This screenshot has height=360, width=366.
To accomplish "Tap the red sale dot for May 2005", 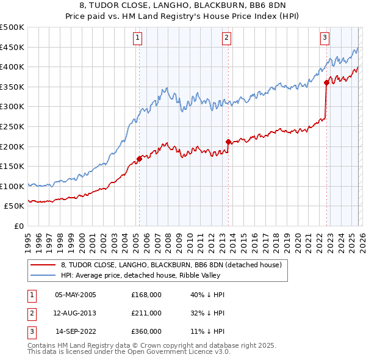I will pyautogui.click(x=139, y=159).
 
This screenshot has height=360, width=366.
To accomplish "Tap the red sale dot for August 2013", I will pyautogui.click(x=228, y=142).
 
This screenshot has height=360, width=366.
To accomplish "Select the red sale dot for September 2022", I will pyautogui.click(x=326, y=82).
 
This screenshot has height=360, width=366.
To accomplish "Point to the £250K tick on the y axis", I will pyautogui.click(x=13, y=126).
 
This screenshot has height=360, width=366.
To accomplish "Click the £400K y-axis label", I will pyautogui.click(x=13, y=67).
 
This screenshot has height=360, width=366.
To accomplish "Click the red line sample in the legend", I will pyautogui.click(x=43, y=265).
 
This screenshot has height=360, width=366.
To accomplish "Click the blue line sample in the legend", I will pyautogui.click(x=43, y=275).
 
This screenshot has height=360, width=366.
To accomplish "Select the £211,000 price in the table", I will pyautogui.click(x=146, y=313).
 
